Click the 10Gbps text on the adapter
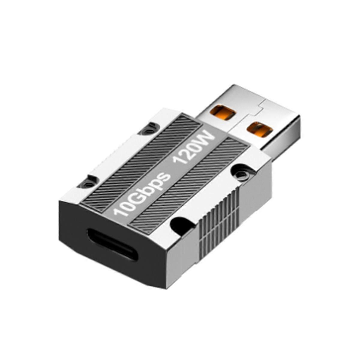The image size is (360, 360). [141, 192]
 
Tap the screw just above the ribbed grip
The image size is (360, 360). [241, 172]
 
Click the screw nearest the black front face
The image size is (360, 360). [87, 183]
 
